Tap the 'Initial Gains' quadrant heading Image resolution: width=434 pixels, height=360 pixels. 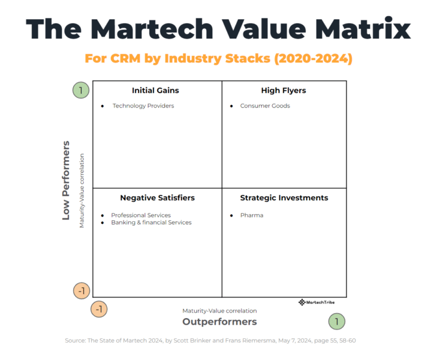(155, 91)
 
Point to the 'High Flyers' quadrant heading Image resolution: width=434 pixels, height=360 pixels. (284, 91)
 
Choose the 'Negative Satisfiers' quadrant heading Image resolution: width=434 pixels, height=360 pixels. (157, 197)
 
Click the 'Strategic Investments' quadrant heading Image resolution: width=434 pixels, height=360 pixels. (284, 197)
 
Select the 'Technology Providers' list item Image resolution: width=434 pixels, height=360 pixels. (143, 106)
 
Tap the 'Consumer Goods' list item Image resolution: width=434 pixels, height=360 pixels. (265, 106)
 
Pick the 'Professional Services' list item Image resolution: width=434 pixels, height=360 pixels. (141, 215)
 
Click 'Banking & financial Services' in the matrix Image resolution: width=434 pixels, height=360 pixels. (151, 223)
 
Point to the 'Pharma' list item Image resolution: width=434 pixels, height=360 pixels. (252, 215)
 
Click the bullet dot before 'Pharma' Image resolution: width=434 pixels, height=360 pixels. (232, 215)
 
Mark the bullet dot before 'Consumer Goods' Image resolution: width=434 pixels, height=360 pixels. (232, 106)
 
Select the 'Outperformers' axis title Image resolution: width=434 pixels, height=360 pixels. (219, 322)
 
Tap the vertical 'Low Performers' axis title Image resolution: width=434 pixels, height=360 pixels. (67, 181)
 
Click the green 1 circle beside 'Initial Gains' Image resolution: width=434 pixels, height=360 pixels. (82, 91)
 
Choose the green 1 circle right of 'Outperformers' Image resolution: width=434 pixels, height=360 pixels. (337, 322)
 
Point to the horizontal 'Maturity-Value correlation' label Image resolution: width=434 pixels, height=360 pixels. (219, 311)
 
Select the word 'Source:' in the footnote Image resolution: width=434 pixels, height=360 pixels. (76, 341)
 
